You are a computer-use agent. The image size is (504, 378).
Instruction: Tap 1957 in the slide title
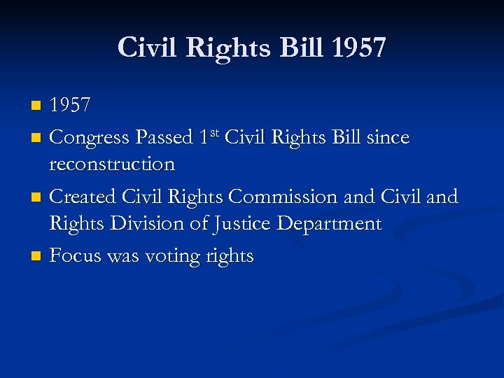click(358, 48)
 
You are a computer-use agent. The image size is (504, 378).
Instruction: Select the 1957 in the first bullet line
click(70, 106)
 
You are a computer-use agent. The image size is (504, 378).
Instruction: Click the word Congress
click(90, 138)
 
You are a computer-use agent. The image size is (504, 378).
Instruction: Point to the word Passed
click(164, 138)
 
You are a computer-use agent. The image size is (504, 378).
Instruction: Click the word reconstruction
click(112, 164)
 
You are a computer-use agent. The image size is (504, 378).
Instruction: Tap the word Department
click(330, 224)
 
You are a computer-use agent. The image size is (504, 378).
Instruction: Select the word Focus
click(75, 255)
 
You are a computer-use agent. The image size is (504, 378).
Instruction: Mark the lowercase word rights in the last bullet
click(229, 256)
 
